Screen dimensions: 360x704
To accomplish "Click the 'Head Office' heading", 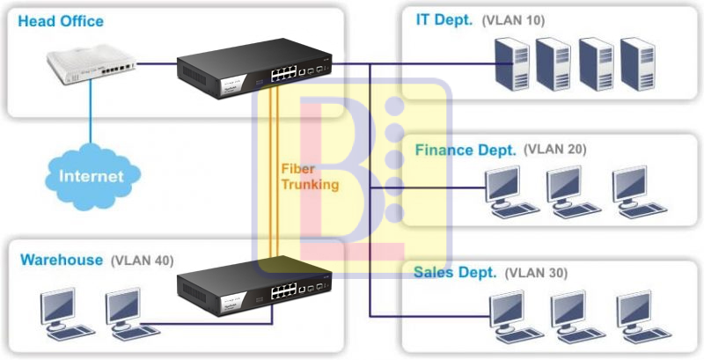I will coord(61,20).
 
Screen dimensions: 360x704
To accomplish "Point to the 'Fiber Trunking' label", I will coord(309,176).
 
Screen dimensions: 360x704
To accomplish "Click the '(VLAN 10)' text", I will coord(512,20).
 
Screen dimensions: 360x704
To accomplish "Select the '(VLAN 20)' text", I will coord(554,149).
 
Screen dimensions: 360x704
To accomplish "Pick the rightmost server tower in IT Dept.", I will coord(639,64).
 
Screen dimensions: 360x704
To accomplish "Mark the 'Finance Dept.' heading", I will coord(466,150).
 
